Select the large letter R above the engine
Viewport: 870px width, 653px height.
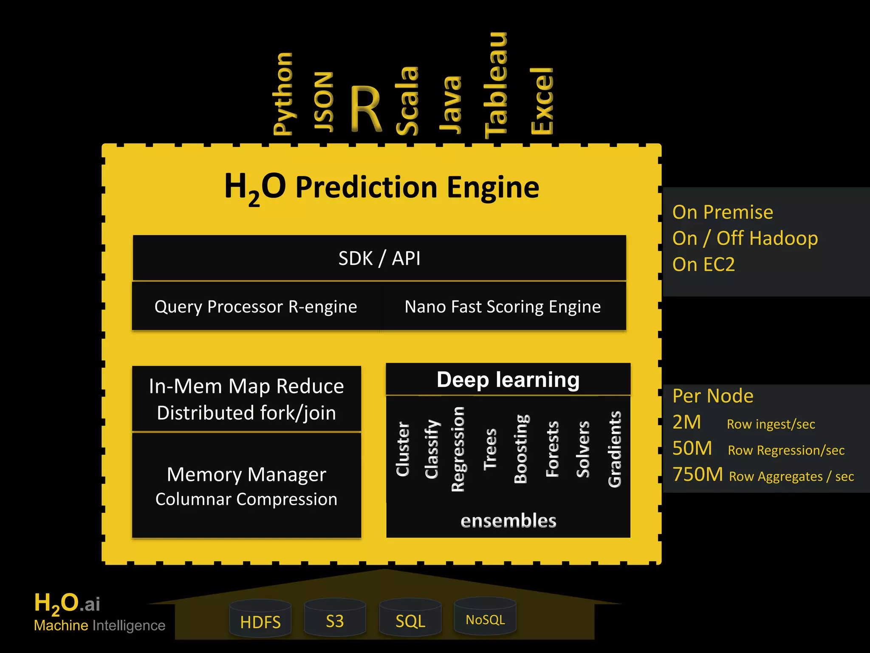366,109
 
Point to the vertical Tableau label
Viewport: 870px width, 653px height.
496,85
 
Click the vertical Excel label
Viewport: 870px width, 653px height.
542,101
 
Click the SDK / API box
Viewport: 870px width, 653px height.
379,258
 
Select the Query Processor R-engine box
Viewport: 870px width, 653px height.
256,307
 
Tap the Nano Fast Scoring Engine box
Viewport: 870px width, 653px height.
503,307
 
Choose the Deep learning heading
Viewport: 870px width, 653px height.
508,380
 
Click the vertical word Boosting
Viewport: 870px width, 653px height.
521,449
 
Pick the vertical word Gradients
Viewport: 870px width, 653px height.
615,449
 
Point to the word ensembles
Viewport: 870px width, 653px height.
508,521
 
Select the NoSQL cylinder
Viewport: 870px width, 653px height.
485,619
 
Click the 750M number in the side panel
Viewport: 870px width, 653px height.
698,474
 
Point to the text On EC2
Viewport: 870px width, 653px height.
703,264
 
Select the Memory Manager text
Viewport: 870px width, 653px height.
246,474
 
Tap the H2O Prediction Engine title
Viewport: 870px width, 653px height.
381,187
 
